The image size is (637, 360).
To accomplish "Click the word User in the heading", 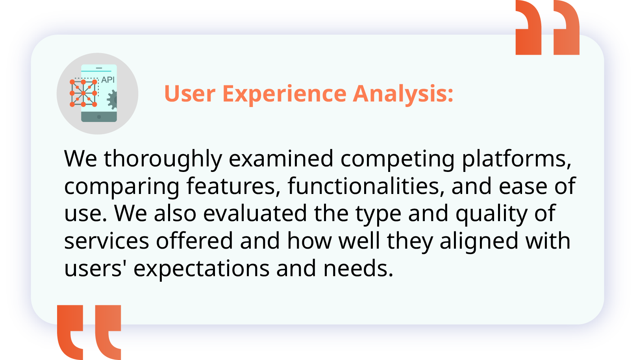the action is pyautogui.click(x=190, y=94).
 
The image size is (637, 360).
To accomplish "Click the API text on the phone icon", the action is pyautogui.click(x=108, y=80).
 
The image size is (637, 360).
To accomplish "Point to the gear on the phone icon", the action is pyautogui.click(x=112, y=100).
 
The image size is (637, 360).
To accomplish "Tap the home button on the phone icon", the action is pyautogui.click(x=99, y=117).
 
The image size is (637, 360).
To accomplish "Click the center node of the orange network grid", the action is pyautogui.click(x=83, y=93).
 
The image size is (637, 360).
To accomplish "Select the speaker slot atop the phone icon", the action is pyautogui.click(x=99, y=68).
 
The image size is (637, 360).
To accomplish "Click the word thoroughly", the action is pyautogui.click(x=163, y=159).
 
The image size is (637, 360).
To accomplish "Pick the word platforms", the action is pyautogui.click(x=516, y=159).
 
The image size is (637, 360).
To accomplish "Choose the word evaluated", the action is pyautogui.click(x=255, y=213).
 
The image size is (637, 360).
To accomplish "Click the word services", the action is pyautogui.click(x=107, y=241).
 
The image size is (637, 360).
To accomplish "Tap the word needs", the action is pyautogui.click(x=358, y=268).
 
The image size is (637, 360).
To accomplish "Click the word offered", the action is pyautogui.click(x=194, y=241).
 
